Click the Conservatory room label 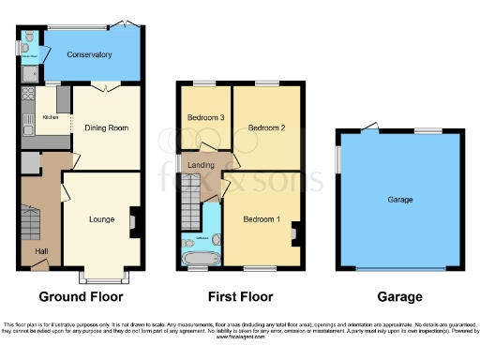[90, 55]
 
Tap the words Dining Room [108, 127]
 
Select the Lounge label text [102, 219]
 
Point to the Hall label [41, 252]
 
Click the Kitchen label [51, 118]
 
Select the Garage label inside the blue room [400, 200]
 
